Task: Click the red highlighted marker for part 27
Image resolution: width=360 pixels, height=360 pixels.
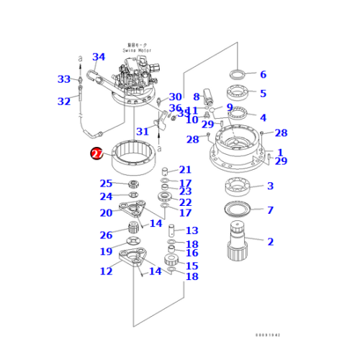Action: pyautogui.click(x=96, y=153)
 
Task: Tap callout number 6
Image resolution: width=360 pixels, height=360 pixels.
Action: pyautogui.click(x=263, y=75)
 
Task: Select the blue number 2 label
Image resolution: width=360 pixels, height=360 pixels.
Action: pyautogui.click(x=270, y=242)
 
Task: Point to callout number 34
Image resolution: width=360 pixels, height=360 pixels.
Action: pyautogui.click(x=99, y=58)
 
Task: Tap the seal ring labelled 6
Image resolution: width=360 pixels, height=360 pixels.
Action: pyautogui.click(x=238, y=74)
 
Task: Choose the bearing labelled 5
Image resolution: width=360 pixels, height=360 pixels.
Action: pyautogui.click(x=238, y=93)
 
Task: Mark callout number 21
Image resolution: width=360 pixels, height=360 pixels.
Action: pyautogui.click(x=185, y=170)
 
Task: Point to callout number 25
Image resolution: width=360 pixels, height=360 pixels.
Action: pyautogui.click(x=106, y=184)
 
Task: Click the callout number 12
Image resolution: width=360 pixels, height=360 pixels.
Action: pyautogui.click(x=106, y=271)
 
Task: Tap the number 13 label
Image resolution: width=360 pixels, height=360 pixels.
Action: pyautogui.click(x=192, y=230)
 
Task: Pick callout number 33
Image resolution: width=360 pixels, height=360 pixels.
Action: pyautogui.click(x=64, y=79)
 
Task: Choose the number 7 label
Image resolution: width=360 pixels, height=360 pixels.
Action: pyautogui.click(x=270, y=210)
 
